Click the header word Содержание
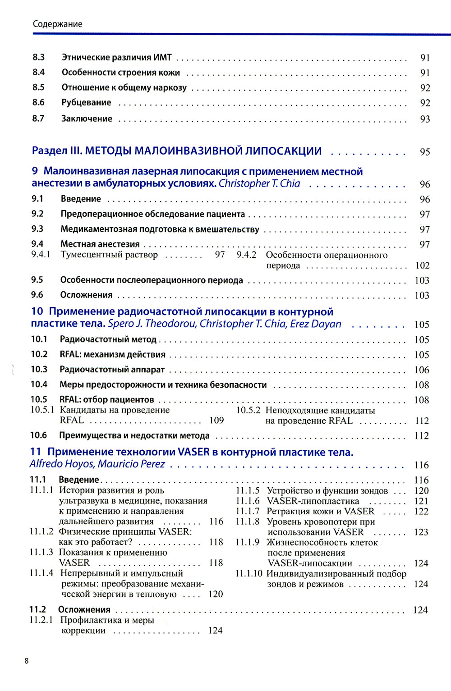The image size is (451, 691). tap(57, 24)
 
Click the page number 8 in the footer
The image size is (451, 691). tap(27, 661)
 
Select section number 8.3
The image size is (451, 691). tap(39, 57)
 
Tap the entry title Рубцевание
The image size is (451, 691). tap(86, 102)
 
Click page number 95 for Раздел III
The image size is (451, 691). tap(424, 152)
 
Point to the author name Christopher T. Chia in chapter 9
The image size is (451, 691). tap(259, 183)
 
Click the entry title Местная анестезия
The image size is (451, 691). tap(100, 244)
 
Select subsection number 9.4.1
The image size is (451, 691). tap(41, 255)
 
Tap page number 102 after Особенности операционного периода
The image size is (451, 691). tap(422, 265)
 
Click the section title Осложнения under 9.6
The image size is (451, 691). tap(86, 295)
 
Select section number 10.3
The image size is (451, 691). tap(39, 369)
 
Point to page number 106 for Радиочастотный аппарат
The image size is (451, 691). tap(422, 370)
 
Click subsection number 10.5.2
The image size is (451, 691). tap(248, 410)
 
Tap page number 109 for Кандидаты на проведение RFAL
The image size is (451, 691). tap(216, 420)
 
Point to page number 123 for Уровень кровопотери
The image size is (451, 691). tap(421, 532)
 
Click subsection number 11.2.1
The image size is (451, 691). tap(41, 620)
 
